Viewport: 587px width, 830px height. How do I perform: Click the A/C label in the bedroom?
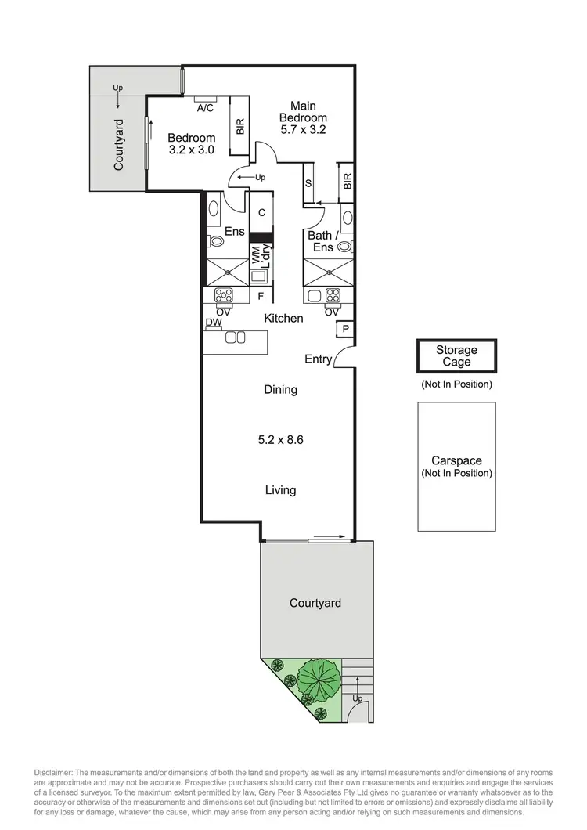pos(206,108)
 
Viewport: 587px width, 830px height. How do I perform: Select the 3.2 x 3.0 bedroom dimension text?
pos(191,150)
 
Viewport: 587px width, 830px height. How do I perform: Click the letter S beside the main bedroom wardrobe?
pos(309,182)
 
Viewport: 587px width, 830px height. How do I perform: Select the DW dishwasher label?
pos(212,323)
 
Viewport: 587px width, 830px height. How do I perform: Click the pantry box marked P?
pos(345,330)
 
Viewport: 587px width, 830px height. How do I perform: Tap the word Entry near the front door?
pos(318,359)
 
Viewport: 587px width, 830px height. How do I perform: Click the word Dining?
pos(280,389)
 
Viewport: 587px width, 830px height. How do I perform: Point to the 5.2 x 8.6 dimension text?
pos(280,440)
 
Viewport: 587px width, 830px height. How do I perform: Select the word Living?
pos(280,490)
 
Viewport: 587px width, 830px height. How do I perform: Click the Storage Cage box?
pos(456,356)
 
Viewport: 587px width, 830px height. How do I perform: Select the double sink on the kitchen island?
pos(235,338)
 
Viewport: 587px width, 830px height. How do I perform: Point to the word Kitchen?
pos(283,318)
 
